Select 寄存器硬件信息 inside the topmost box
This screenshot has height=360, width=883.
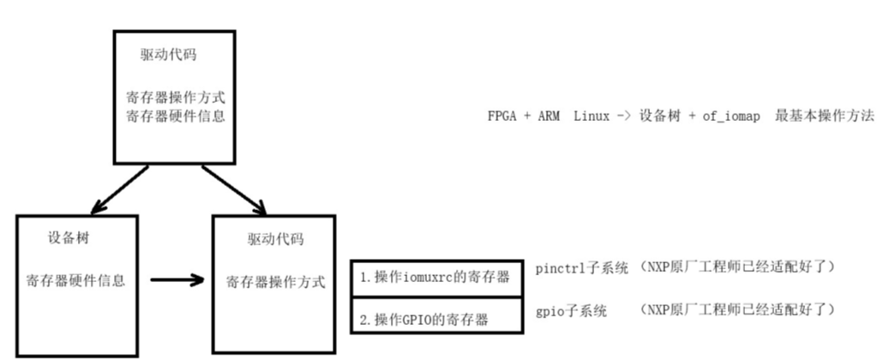175,115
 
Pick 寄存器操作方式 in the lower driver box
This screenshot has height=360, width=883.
275,281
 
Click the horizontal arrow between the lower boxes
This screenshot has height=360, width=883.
177,279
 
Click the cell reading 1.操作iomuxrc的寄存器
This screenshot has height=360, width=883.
435,278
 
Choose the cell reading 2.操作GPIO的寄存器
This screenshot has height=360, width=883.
423,320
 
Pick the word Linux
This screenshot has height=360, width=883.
592,116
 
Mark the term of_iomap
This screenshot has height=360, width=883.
729,116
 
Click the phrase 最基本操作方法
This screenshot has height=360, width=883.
825,116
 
